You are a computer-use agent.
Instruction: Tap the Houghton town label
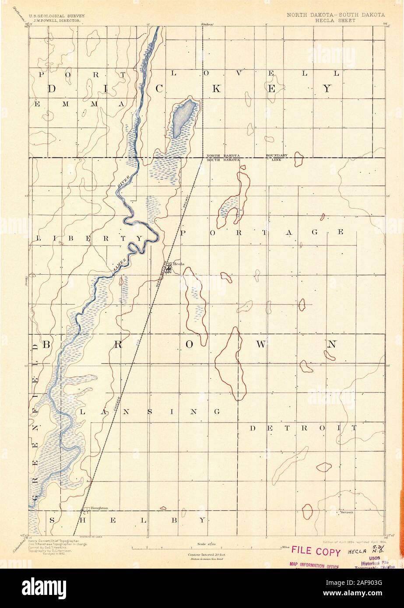click(99, 508)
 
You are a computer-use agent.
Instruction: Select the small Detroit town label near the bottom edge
click(346, 512)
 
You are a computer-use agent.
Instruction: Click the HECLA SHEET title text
click(336, 20)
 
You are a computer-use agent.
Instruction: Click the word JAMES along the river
click(120, 266)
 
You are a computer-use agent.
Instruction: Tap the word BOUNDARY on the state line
click(277, 156)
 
